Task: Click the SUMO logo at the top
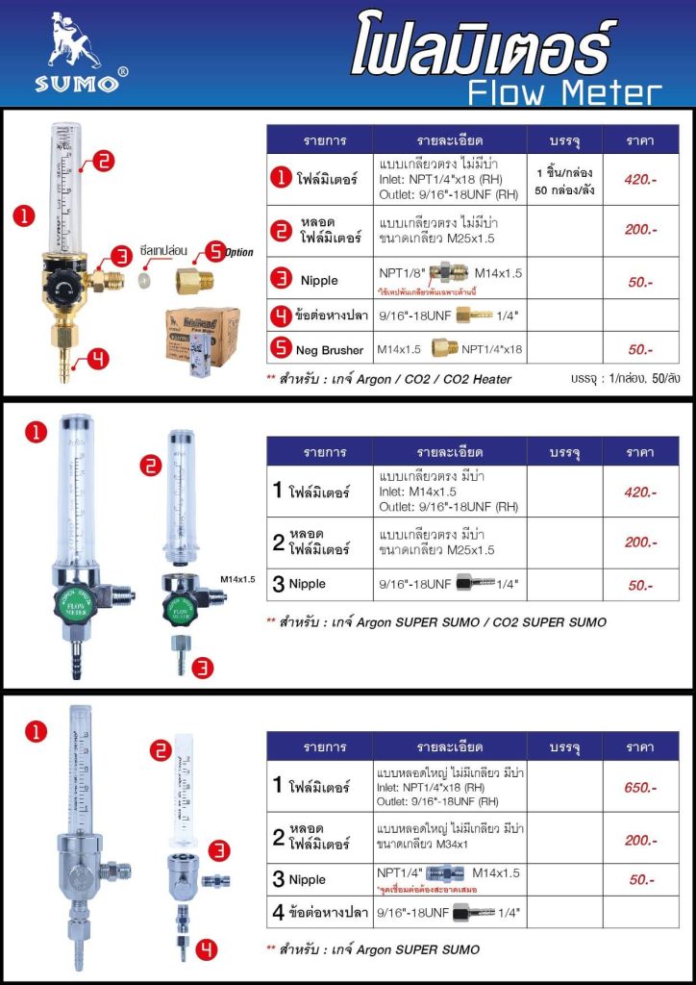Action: pyautogui.click(x=76, y=53)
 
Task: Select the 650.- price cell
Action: pyautogui.click(x=640, y=788)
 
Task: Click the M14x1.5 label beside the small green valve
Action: pyautogui.click(x=237, y=579)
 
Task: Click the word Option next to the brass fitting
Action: pyautogui.click(x=238, y=252)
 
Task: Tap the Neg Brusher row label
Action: pyautogui.click(x=324, y=350)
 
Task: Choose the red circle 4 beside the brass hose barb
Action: pyautogui.click(x=98, y=361)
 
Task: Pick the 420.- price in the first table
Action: pyautogui.click(x=640, y=178)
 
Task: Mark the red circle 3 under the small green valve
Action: pyautogui.click(x=202, y=668)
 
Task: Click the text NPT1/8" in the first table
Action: pyautogui.click(x=399, y=273)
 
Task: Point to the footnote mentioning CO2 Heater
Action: pyautogui.click(x=388, y=379)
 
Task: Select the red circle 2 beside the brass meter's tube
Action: pyautogui.click(x=105, y=163)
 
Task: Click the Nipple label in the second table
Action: pyautogui.click(x=307, y=584)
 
